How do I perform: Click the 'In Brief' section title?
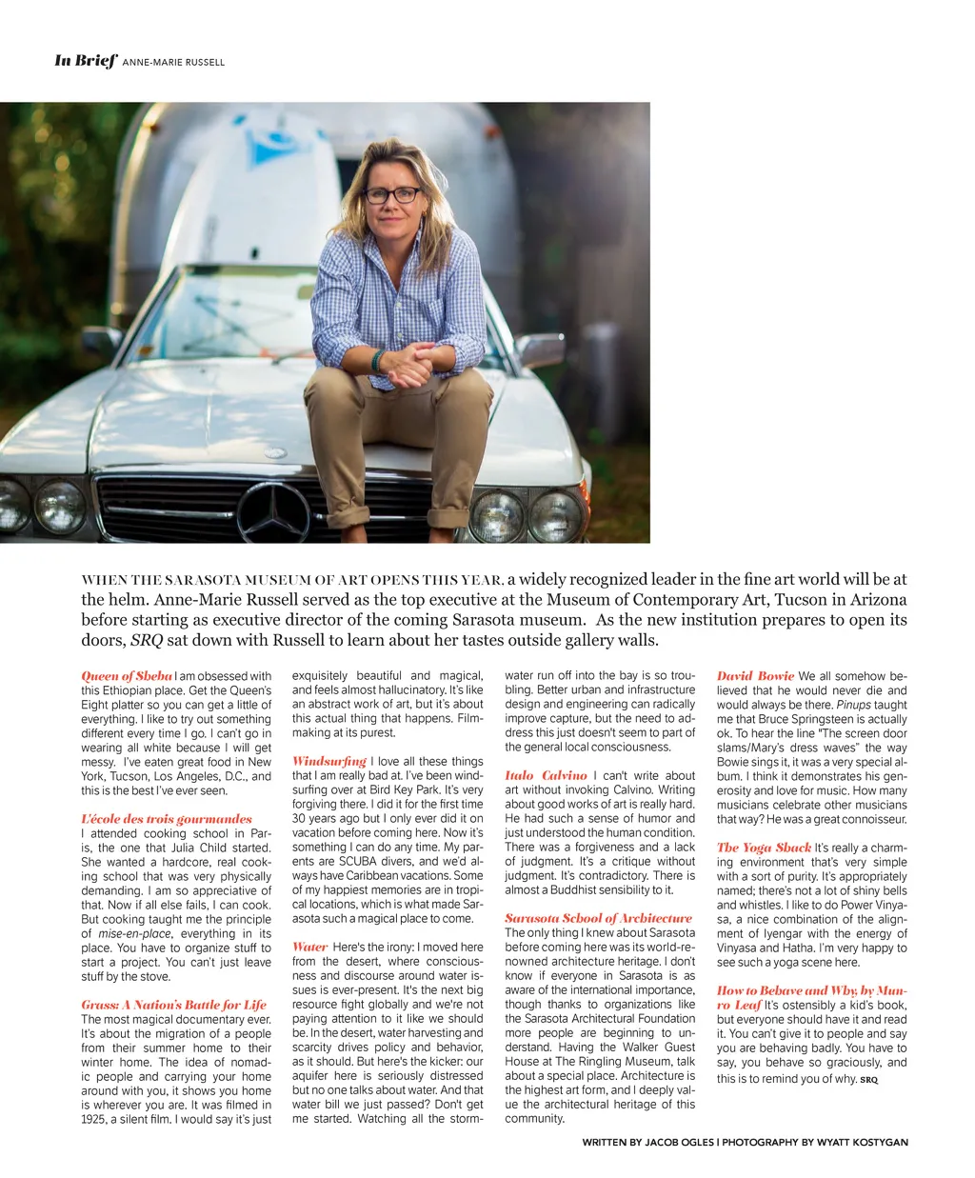click(86, 61)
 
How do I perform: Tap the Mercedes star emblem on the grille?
click(273, 512)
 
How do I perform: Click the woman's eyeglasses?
click(391, 195)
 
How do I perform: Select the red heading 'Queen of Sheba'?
click(127, 676)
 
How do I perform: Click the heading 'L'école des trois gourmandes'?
click(167, 819)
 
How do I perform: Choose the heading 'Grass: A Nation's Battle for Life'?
click(173, 1005)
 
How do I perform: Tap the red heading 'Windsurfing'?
click(329, 762)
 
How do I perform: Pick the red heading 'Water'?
click(310, 948)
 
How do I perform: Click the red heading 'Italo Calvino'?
click(546, 776)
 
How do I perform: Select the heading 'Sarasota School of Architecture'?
click(598, 919)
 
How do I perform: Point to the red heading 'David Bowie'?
click(755, 676)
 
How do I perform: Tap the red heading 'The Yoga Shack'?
click(764, 848)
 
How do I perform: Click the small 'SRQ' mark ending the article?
click(869, 1080)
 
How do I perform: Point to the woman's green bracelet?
click(378, 361)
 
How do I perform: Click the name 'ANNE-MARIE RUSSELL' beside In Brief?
click(174, 62)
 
